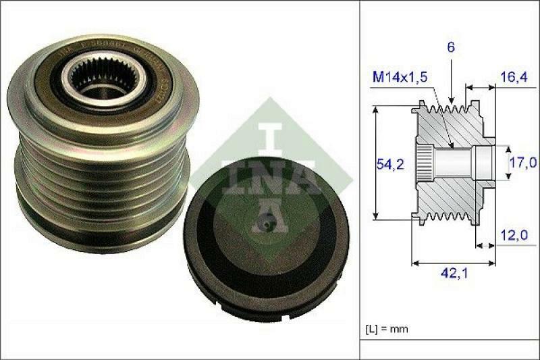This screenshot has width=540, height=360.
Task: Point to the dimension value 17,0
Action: click(524, 162)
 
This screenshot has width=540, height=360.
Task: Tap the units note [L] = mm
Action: click(387, 329)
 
